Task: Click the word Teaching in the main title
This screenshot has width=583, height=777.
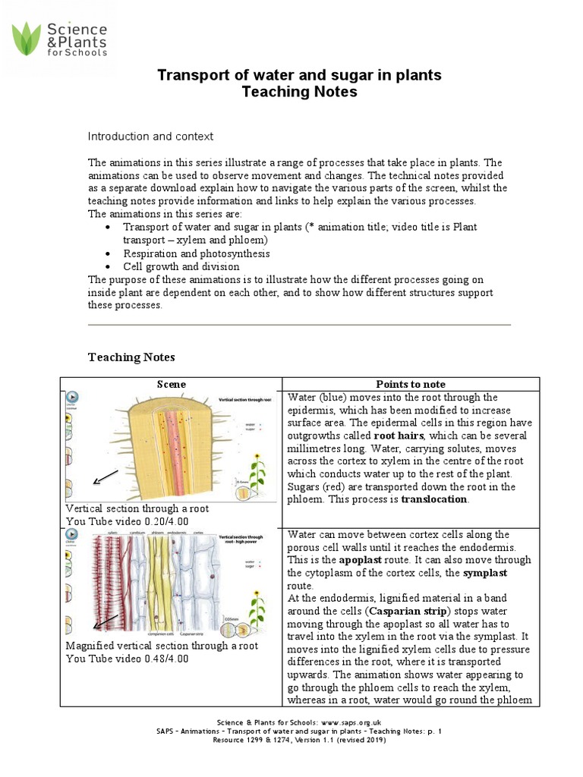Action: click(272, 93)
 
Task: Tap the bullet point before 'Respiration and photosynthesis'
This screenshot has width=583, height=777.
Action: click(110, 253)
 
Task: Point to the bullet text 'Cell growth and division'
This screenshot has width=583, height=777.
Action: click(181, 266)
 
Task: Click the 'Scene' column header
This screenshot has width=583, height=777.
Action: click(171, 384)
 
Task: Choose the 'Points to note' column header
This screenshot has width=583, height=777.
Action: click(411, 384)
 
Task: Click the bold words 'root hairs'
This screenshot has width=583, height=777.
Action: click(399, 436)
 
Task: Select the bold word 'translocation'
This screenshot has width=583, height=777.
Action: click(435, 500)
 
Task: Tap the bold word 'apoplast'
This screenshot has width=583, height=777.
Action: click(360, 560)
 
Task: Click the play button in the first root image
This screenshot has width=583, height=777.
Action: click(72, 397)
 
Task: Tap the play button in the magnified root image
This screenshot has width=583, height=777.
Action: click(72, 540)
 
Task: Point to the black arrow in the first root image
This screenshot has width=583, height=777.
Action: click(106, 477)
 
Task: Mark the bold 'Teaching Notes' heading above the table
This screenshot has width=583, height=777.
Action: click(131, 357)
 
